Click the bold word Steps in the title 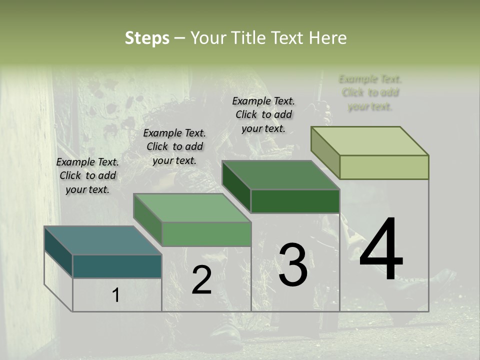click(x=147, y=38)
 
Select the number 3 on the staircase click(x=293, y=265)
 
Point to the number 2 click(x=201, y=280)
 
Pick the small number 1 click(x=115, y=295)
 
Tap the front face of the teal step click(x=117, y=266)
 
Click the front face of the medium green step click(x=206, y=234)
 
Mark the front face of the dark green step click(x=295, y=201)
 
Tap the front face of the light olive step click(x=384, y=167)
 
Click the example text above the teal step click(x=87, y=175)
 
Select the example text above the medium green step click(x=174, y=146)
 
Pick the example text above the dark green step click(x=263, y=114)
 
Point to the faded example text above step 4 click(x=370, y=92)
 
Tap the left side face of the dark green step click(x=236, y=186)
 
